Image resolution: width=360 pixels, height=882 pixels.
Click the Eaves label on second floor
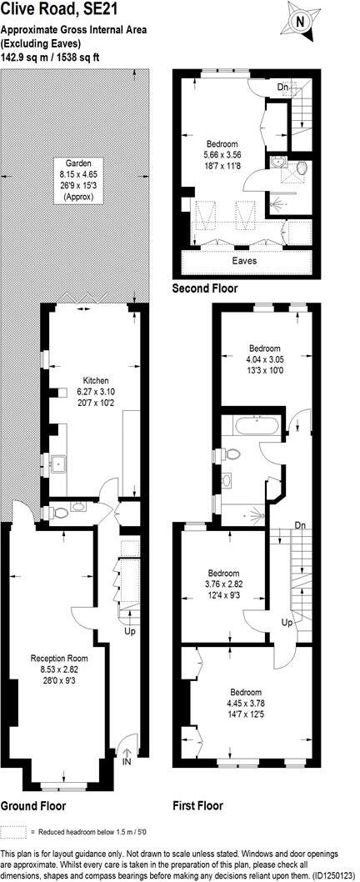click(244, 261)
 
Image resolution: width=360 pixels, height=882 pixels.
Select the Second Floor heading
click(204, 288)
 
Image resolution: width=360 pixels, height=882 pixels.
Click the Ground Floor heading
click(33, 806)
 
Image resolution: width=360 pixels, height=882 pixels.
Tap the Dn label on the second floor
click(284, 87)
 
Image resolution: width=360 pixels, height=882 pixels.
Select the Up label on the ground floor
click(129, 631)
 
